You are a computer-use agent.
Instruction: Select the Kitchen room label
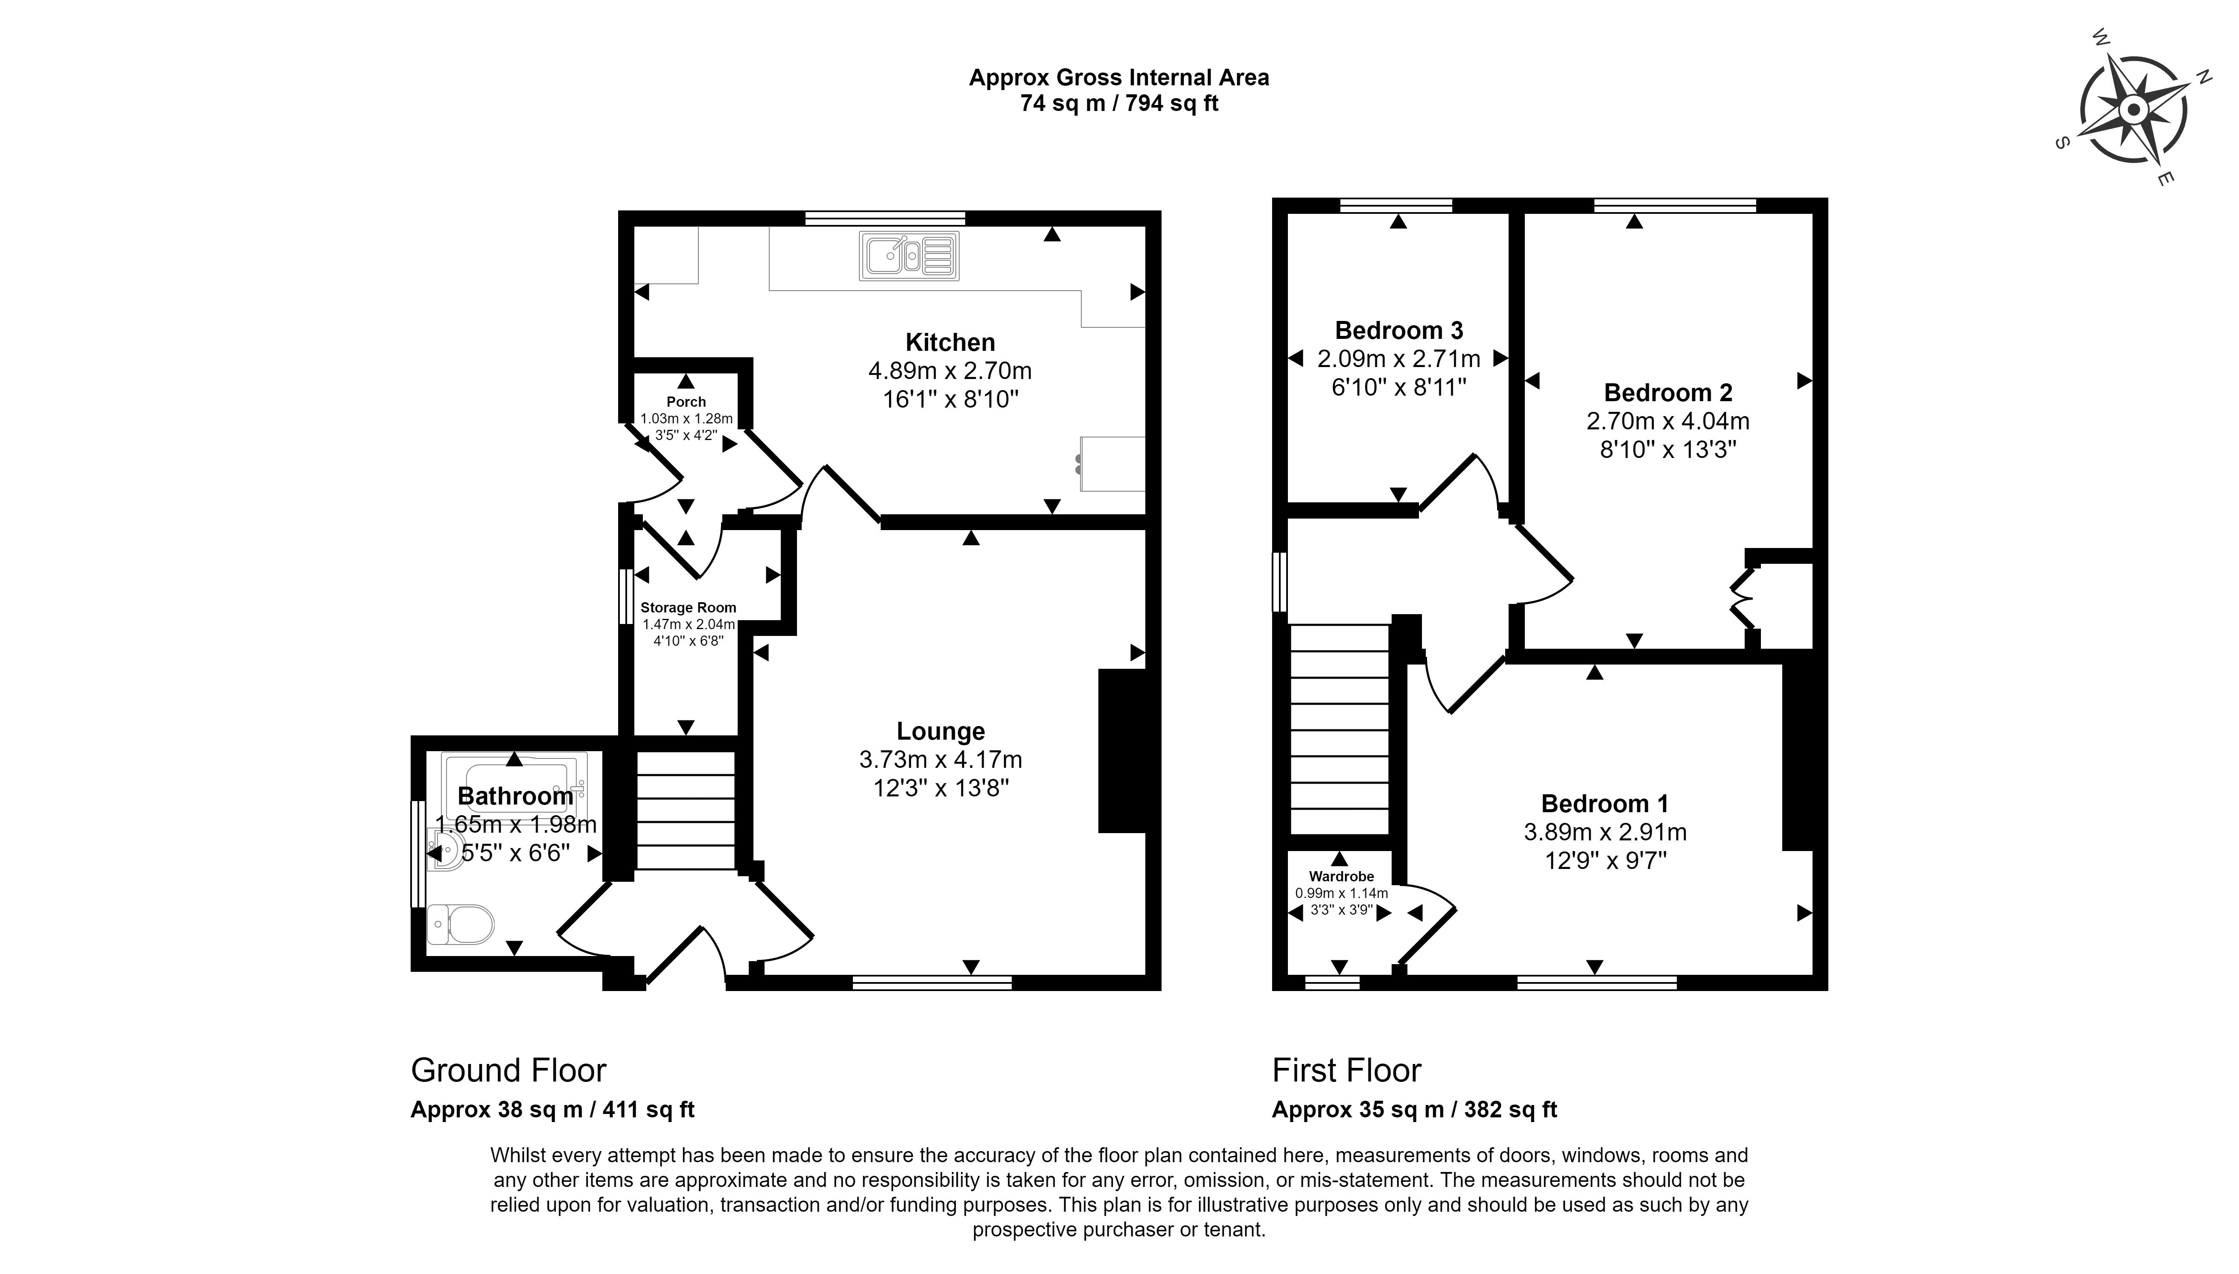pos(950,342)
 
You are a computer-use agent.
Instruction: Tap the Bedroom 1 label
pos(1605,803)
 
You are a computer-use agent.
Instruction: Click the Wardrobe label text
pos(1341,876)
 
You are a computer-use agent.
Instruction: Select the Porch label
pos(686,402)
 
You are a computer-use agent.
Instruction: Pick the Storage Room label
pos(689,607)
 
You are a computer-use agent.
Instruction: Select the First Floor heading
pos(1346,1070)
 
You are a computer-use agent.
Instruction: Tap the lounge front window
pos(932,982)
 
